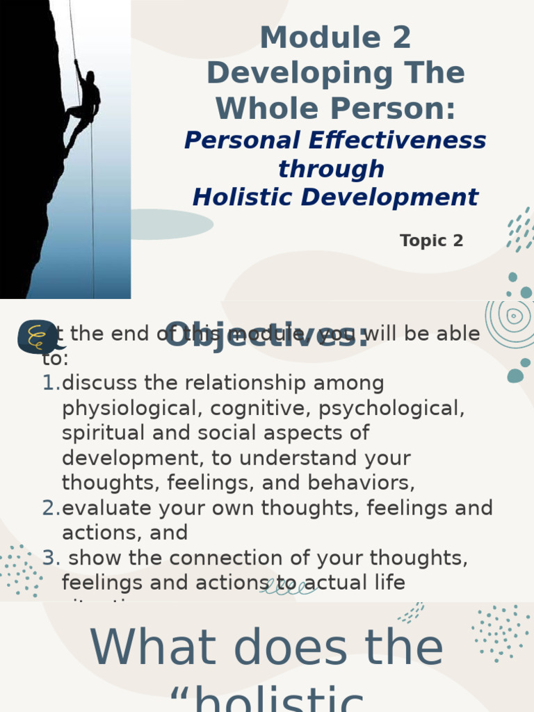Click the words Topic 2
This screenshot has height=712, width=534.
click(431, 241)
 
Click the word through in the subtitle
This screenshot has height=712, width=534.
click(331, 169)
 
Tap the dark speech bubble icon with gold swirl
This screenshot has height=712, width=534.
click(38, 337)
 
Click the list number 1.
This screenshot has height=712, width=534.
click(50, 383)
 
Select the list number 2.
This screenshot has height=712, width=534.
click(50, 508)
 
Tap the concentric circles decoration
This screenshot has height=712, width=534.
click(515, 317)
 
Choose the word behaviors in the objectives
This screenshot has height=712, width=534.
click(364, 483)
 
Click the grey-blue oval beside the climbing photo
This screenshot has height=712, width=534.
click(170, 224)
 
